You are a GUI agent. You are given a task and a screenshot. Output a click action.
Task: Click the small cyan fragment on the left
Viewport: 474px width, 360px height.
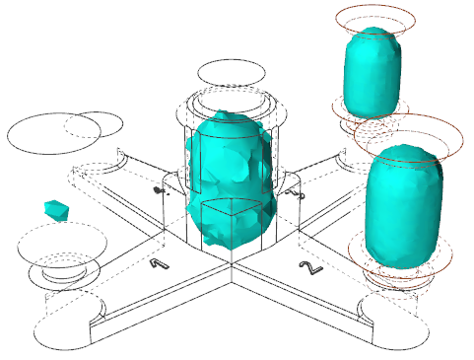56,210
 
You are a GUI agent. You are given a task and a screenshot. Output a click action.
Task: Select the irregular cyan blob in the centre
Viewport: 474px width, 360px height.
230,180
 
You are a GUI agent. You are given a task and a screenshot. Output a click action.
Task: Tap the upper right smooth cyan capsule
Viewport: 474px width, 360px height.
372,72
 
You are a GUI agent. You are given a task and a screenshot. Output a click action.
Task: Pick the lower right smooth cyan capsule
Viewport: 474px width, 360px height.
404,205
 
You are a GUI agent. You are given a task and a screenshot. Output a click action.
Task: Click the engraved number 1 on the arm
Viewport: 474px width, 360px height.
160,263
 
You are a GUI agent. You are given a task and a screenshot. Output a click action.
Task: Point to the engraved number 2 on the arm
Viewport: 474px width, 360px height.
310,267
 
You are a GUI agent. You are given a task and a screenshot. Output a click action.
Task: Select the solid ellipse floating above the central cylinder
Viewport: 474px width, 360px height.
232,73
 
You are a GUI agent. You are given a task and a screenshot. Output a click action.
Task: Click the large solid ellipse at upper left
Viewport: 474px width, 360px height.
54,133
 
